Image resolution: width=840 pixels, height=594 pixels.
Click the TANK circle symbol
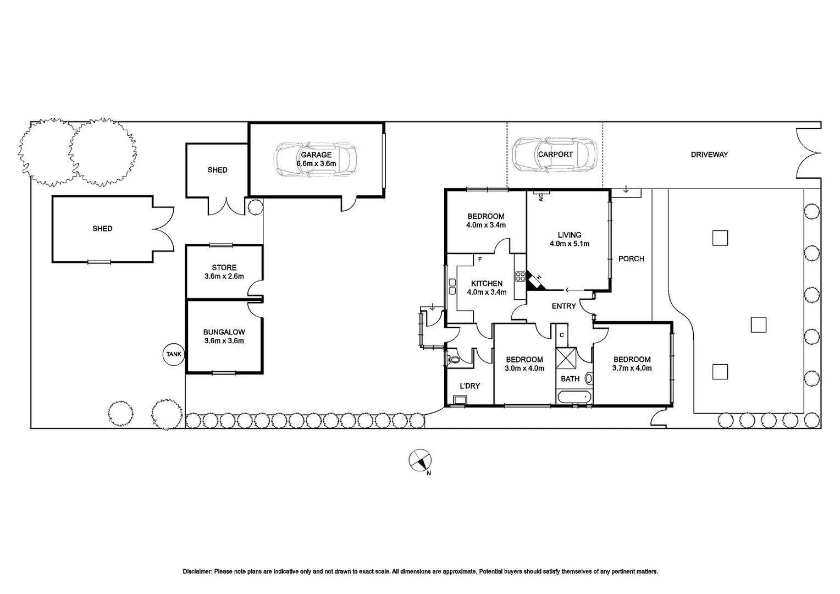[174, 354]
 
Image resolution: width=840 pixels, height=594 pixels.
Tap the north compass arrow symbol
[421, 460]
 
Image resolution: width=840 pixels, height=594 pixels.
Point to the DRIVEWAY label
[709, 155]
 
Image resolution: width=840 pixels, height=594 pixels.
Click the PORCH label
[631, 258]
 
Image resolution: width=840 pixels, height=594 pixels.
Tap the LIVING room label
[569, 235]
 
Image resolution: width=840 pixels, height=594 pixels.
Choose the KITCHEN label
[487, 283]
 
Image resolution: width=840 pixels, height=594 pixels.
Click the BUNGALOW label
[224, 332]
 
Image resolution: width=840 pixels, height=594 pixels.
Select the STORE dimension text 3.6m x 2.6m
[224, 277]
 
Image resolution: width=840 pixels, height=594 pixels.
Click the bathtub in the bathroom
[574, 397]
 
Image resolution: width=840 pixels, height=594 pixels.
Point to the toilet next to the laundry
[452, 360]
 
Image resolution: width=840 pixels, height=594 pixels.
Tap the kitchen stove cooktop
[520, 275]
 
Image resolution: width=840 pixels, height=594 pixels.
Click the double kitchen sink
[452, 286]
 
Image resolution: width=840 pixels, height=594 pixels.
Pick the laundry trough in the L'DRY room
[457, 401]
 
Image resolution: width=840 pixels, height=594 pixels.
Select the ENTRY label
[563, 306]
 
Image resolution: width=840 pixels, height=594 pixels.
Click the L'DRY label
[469, 386]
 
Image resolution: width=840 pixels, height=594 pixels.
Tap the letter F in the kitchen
[480, 259]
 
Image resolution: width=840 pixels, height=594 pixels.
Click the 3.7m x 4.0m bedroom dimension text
[632, 368]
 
